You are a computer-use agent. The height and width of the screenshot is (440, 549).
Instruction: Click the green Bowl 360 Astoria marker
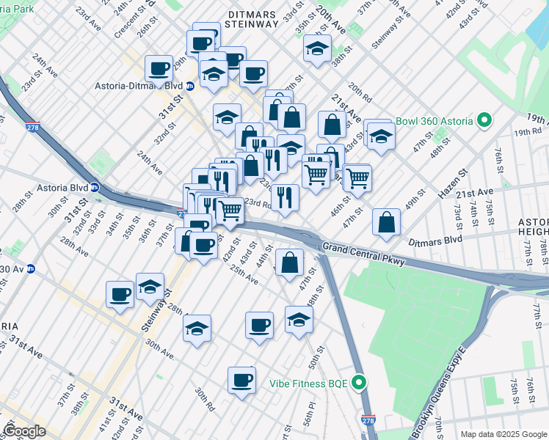pyautogui.click(x=484, y=120)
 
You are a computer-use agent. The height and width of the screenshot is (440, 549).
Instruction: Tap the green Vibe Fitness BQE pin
pyautogui.click(x=359, y=383)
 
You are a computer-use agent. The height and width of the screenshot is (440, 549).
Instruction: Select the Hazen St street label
pyautogui.click(x=453, y=183)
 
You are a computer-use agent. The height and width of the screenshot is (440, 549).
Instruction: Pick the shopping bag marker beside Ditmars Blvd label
pyautogui.click(x=386, y=223)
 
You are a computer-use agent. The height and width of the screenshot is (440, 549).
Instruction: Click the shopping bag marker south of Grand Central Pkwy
pyautogui.click(x=290, y=262)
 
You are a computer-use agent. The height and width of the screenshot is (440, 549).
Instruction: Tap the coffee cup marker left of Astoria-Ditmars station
pyautogui.click(x=159, y=69)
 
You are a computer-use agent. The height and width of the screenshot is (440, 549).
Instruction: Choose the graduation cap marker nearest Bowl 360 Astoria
pyautogui.click(x=381, y=136)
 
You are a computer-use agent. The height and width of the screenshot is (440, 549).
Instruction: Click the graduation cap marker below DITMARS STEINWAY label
pyautogui.click(x=316, y=49)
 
